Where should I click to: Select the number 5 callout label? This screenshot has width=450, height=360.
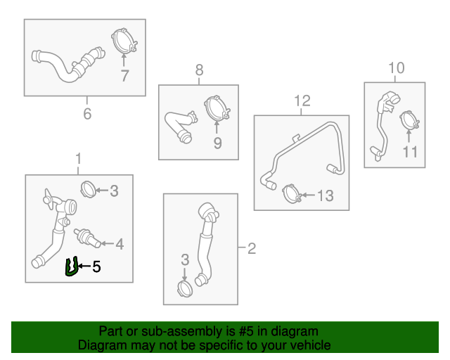[96, 266]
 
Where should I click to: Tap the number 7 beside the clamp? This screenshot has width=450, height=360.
[124, 76]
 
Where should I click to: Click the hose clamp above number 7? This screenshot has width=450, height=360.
[124, 41]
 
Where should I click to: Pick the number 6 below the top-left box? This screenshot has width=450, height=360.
[87, 114]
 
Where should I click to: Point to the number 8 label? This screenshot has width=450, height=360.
[199, 70]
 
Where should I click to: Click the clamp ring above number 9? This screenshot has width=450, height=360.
[217, 108]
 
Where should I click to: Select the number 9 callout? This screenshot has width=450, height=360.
[217, 143]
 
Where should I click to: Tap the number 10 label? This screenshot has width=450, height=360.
[397, 67]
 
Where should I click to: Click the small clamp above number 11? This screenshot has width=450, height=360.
[409, 120]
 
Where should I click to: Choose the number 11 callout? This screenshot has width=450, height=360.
[410, 152]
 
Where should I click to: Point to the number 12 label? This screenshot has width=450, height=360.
[302, 101]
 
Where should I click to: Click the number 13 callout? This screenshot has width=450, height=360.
[326, 195]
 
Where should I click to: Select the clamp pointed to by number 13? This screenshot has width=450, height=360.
[291, 194]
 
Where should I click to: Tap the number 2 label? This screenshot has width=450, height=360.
[252, 248]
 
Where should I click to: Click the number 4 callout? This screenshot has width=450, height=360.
[120, 244]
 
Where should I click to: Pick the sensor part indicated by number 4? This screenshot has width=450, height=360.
[87, 238]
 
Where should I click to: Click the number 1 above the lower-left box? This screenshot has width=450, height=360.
[78, 159]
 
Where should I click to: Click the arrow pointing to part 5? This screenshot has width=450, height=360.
[84, 266]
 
